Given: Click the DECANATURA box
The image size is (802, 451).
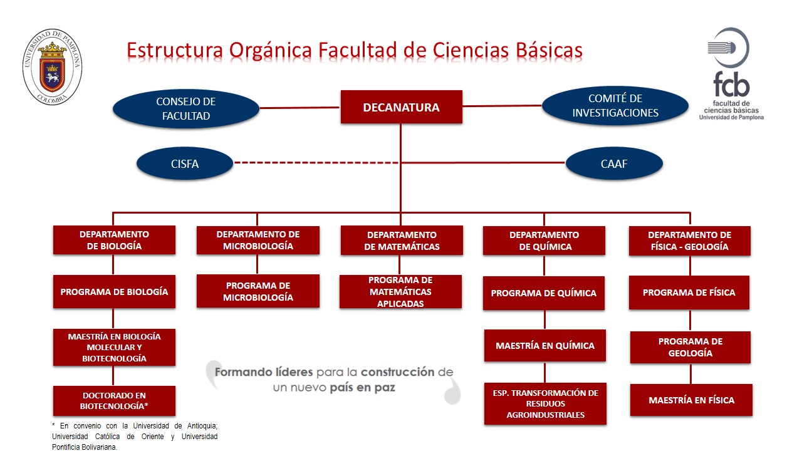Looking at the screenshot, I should (401, 107).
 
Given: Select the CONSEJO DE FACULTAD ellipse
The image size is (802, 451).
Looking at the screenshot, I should (186, 108).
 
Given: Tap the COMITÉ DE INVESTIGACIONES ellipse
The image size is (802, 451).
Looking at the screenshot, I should (615, 106).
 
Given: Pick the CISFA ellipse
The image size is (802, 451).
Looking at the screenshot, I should (185, 164).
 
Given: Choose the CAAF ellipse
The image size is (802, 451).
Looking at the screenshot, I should (614, 164).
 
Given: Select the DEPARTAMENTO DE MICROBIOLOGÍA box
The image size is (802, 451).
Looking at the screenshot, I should (258, 241).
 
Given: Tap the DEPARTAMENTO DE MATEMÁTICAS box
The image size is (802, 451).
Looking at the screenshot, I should (402, 241).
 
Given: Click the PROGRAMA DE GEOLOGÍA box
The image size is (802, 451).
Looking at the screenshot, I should (690, 348).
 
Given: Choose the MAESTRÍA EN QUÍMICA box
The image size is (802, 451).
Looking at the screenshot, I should (544, 346).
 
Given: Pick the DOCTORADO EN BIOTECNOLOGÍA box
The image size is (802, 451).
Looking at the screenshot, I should (114, 401).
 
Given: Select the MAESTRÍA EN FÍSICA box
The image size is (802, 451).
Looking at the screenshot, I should (691, 400).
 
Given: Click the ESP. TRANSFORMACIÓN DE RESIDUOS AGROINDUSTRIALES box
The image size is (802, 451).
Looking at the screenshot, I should (545, 403).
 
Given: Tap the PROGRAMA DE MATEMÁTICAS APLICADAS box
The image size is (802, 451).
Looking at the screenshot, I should (400, 292).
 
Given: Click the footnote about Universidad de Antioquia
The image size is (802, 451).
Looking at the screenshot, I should (135, 436).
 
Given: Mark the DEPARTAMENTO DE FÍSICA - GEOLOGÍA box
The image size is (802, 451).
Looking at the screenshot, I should (689, 241).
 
